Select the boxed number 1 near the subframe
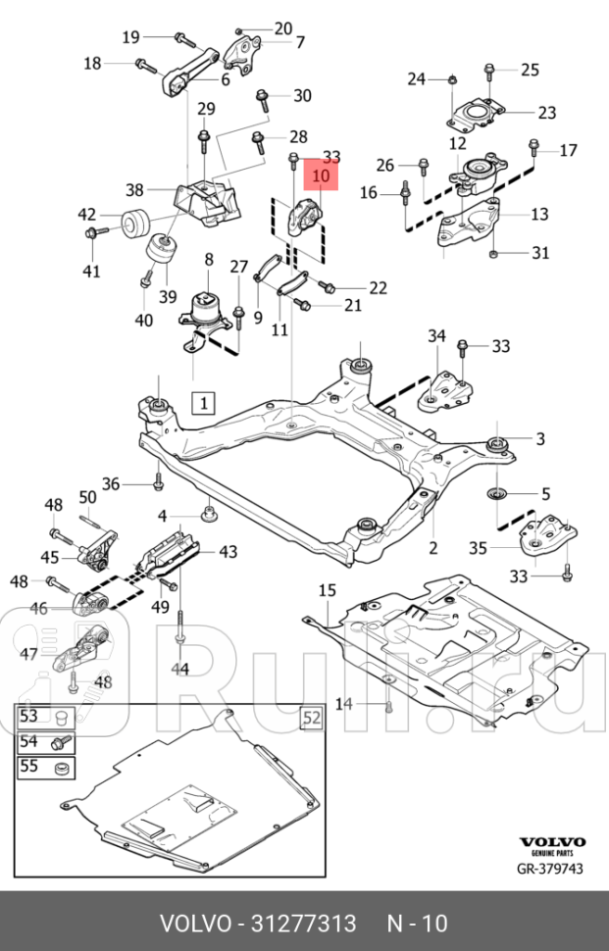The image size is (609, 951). pyautogui.click(x=203, y=402)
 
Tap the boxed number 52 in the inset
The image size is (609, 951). pyautogui.click(x=310, y=719)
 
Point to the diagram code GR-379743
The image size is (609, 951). pyautogui.click(x=550, y=869)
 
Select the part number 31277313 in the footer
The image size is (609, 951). pyautogui.click(x=303, y=923)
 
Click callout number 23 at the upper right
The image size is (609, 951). pyautogui.click(x=546, y=112)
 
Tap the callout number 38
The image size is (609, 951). pyautogui.click(x=135, y=190)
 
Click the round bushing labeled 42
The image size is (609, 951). pyautogui.click(x=135, y=223)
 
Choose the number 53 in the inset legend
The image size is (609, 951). pyautogui.click(x=28, y=717)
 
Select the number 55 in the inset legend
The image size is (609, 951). pyautogui.click(x=28, y=766)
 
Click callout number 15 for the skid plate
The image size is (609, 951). pyautogui.click(x=326, y=589)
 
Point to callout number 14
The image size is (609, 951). pyautogui.click(x=343, y=704)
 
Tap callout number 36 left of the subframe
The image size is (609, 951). pyautogui.click(x=111, y=483)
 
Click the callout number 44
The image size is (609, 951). pyautogui.click(x=180, y=669)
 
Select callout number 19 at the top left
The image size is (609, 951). pyautogui.click(x=130, y=37)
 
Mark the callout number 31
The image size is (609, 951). pyautogui.click(x=540, y=253)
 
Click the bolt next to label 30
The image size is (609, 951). pyautogui.click(x=263, y=98)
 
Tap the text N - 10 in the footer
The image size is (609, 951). pyautogui.click(x=417, y=923)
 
